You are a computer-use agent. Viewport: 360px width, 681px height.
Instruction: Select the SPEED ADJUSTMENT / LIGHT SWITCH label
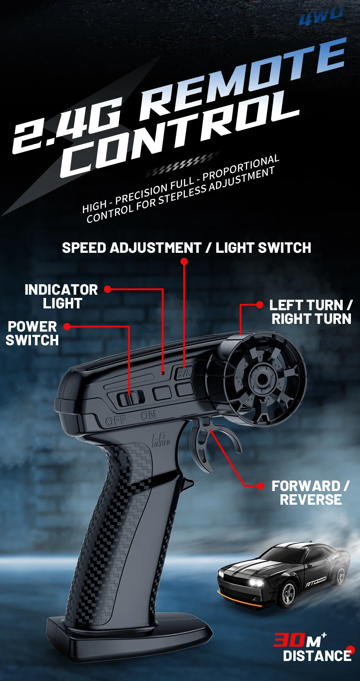coord(186,248)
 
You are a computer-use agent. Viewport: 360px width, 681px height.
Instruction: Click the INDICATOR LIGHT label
coord(61,296)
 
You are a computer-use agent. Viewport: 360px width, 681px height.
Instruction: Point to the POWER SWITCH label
coord(32,333)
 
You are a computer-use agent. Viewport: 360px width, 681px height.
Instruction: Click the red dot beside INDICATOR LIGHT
coord(108,289)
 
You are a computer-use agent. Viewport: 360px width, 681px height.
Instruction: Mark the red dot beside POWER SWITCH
coord(67,326)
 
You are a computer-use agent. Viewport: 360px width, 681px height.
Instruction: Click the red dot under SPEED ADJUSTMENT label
coord(184,261)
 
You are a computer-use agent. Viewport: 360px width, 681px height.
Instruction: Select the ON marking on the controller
coord(148,416)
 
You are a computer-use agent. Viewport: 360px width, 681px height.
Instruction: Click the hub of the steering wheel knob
coord(258,378)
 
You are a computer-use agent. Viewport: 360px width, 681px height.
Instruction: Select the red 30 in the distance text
coord(288,640)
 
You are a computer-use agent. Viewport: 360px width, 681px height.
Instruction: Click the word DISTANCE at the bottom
coord(317,656)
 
